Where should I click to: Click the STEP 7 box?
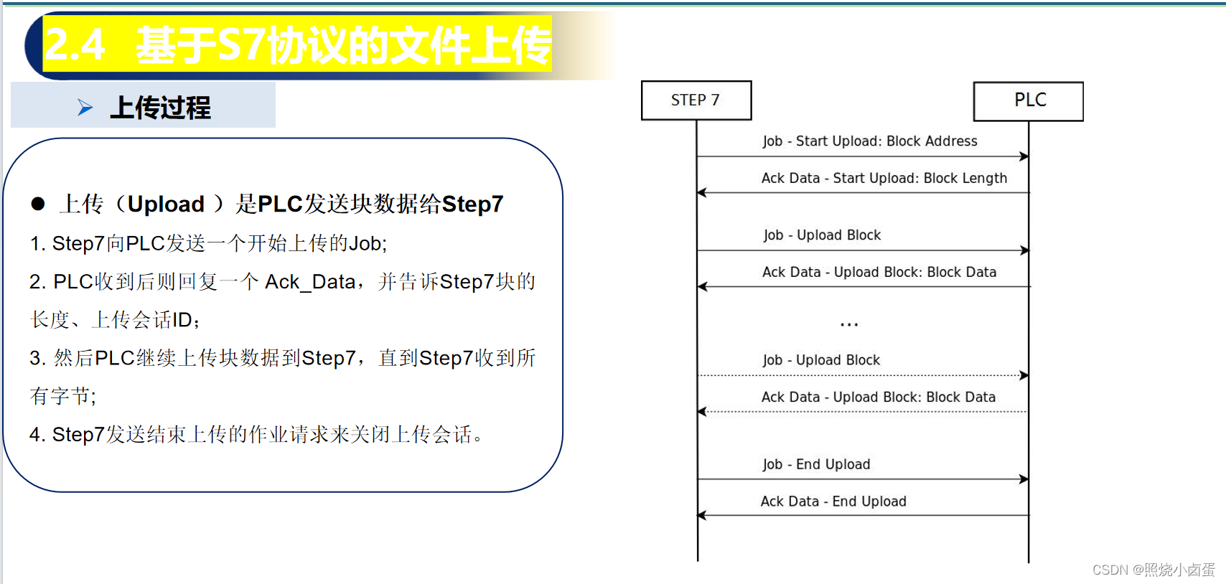click(x=696, y=100)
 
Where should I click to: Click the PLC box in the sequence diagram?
click(x=1028, y=100)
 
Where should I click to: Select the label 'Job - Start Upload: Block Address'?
click(x=869, y=141)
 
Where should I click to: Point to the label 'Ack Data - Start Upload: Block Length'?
click(x=884, y=178)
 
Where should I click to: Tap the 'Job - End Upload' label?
click(x=816, y=464)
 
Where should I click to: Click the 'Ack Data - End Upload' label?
click(x=833, y=501)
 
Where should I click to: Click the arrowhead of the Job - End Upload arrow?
click(x=1024, y=479)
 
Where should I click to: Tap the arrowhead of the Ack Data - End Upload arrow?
click(x=702, y=515)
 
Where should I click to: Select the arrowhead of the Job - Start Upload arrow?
click(x=1024, y=156)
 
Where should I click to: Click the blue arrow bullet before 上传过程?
click(x=85, y=108)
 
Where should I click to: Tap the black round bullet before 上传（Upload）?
click(x=38, y=204)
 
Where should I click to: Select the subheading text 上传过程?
click(x=160, y=108)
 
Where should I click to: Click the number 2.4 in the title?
click(x=75, y=44)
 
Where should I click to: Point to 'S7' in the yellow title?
click(x=240, y=44)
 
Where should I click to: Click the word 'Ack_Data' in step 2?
click(x=310, y=282)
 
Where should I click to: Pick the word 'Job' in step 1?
click(x=365, y=244)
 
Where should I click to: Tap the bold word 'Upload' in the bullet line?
click(x=166, y=204)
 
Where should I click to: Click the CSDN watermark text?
click(x=1153, y=570)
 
